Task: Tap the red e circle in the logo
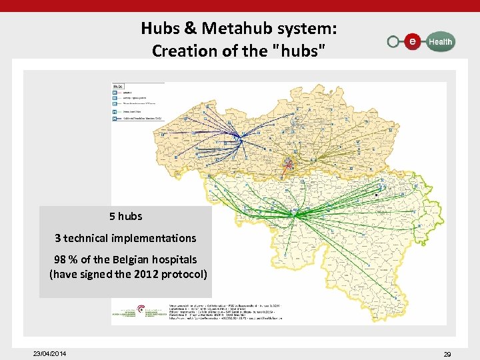(x=413, y=41)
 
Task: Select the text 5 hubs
(x=125, y=216)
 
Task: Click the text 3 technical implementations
(x=125, y=238)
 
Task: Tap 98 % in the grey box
(x=66, y=259)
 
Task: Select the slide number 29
(x=447, y=354)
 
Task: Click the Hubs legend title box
(x=119, y=86)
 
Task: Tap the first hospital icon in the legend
(x=115, y=93)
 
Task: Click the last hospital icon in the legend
(x=115, y=119)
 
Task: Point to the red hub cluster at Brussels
(x=288, y=162)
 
